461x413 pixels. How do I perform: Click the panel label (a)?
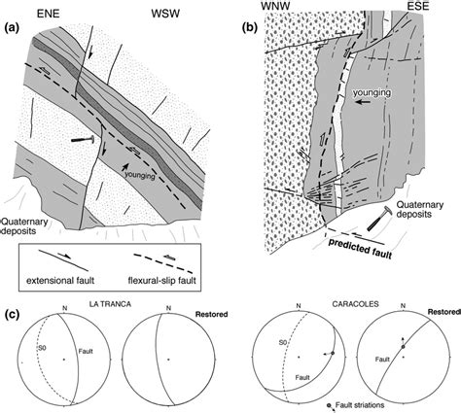14,25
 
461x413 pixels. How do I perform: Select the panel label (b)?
250,25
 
